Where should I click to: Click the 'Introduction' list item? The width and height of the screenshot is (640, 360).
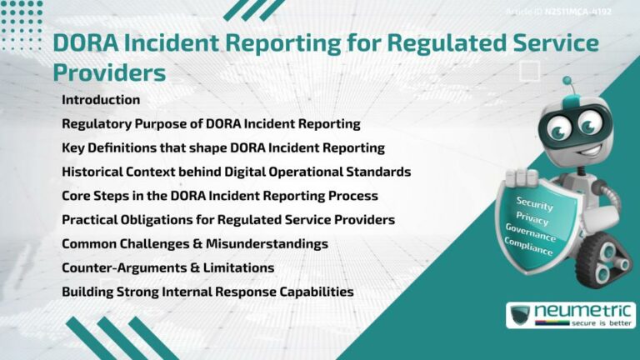(x=101, y=100)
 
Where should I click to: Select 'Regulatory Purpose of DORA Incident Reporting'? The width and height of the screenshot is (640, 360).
(x=211, y=124)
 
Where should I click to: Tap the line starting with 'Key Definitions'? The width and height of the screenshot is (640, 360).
(x=222, y=148)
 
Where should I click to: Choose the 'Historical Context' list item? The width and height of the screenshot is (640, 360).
(x=237, y=172)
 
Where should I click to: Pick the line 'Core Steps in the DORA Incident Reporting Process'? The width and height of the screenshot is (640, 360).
(x=220, y=196)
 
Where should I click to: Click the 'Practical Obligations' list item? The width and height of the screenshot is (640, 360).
(x=228, y=220)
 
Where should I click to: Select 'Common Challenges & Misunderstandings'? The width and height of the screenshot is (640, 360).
(x=194, y=244)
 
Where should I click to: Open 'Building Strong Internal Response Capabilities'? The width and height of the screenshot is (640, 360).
(x=207, y=292)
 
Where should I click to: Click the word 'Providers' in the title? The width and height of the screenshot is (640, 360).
(x=109, y=72)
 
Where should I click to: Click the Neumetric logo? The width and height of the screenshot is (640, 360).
(x=571, y=315)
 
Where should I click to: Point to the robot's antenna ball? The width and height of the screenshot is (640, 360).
(x=567, y=82)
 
